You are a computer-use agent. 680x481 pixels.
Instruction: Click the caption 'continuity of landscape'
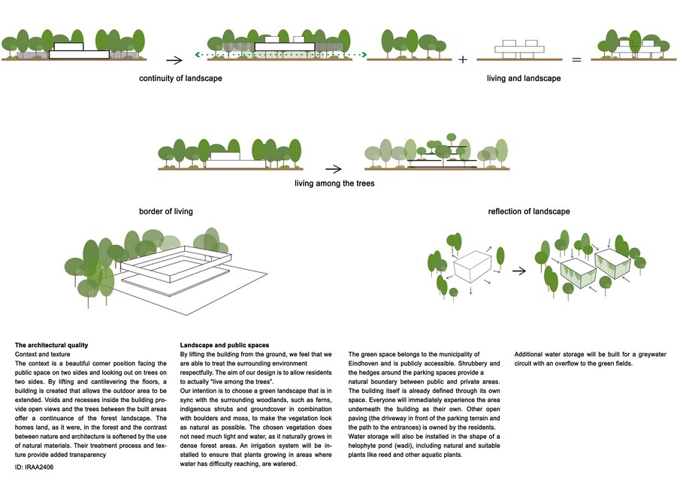[180, 78]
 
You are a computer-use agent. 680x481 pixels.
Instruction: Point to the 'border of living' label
[166, 212]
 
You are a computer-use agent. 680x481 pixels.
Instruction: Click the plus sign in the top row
[462, 59]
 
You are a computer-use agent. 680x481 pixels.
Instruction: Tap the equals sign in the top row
[577, 59]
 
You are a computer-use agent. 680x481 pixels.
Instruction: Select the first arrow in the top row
[174, 59]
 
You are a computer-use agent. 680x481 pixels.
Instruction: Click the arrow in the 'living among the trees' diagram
[333, 168]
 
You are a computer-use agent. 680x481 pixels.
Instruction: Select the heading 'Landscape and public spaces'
[225, 346]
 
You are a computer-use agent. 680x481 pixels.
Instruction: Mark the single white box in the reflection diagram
[473, 267]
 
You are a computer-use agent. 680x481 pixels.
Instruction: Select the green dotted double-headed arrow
[281, 55]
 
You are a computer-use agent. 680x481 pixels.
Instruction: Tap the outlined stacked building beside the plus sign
[519, 49]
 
